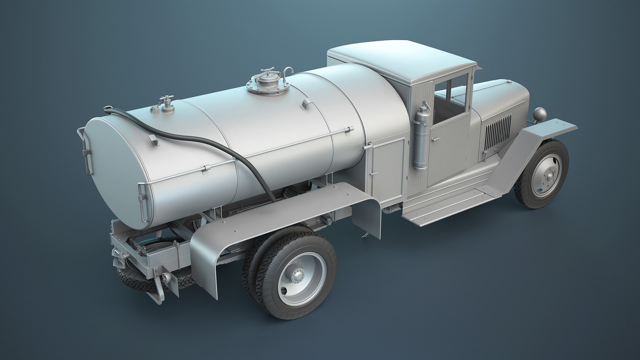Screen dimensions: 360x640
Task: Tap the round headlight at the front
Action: [538, 115]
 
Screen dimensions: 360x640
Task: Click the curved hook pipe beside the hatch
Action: [288, 74]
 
